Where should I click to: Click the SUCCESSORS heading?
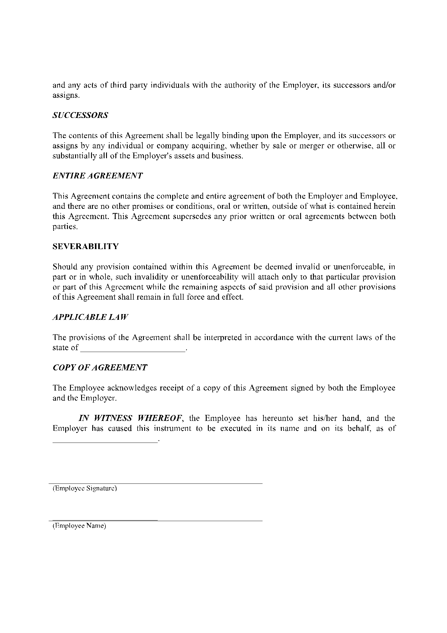tap(80, 116)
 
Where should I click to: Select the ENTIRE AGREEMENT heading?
tap(98, 176)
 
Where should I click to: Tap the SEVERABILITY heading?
tap(86, 247)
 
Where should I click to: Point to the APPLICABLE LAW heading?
tap(90, 317)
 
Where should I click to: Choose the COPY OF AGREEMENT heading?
tap(100, 368)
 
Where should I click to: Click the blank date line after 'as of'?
tap(105, 440)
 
